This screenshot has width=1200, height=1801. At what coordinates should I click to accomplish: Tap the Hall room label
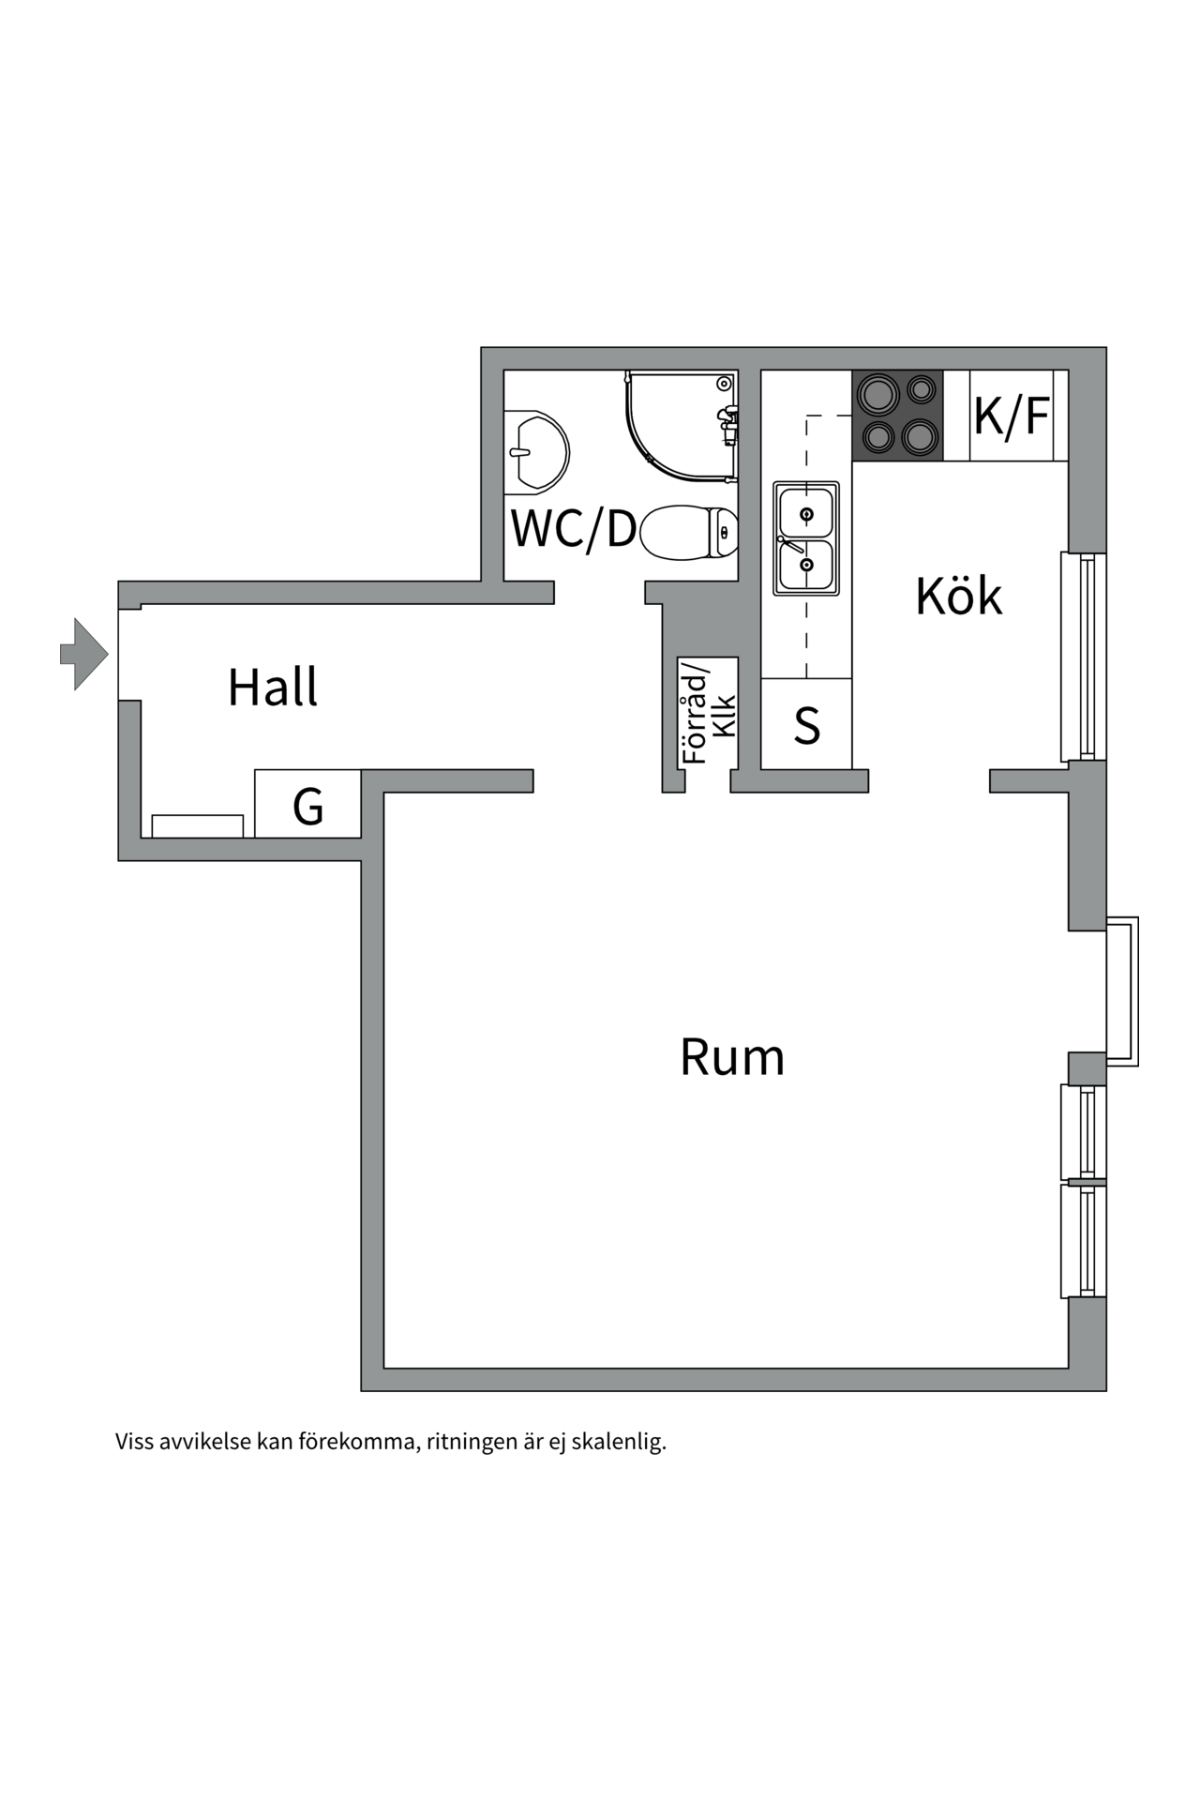[273, 687]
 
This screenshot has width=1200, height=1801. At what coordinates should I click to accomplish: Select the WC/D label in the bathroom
[574, 528]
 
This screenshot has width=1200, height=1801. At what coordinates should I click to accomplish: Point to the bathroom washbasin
[536, 451]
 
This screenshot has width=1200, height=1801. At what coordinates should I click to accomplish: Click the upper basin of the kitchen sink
[806, 512]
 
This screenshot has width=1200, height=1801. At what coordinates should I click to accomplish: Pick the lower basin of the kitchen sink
[806, 565]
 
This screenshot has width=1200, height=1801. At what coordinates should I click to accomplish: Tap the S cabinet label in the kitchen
[807, 725]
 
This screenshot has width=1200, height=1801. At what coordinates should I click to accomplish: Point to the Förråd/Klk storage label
[709, 713]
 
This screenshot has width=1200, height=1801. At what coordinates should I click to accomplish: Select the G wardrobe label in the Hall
[308, 806]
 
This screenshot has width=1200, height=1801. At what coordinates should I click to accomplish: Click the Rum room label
[732, 1057]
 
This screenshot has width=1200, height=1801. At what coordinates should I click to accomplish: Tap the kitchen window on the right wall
[1085, 657]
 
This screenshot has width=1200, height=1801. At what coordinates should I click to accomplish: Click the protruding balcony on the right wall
[1122, 991]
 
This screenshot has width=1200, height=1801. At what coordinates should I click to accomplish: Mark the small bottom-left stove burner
[877, 436]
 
